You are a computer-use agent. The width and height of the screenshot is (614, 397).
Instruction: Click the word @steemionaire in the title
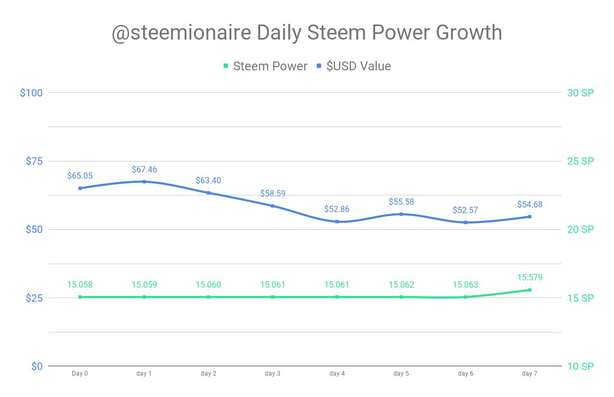[x=181, y=33]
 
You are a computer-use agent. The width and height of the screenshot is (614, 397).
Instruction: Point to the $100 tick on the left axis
[x=31, y=93]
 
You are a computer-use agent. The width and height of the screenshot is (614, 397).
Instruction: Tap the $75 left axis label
[x=34, y=161]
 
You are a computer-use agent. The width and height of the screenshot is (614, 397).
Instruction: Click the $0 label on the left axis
[x=36, y=366]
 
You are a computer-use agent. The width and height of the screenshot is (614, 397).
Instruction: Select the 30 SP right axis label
[x=580, y=93]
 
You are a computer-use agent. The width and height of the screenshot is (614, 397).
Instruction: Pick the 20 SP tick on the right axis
[x=580, y=229]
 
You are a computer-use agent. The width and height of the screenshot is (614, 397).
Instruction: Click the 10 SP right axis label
[x=580, y=366]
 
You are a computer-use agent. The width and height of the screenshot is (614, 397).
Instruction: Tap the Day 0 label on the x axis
[x=80, y=374]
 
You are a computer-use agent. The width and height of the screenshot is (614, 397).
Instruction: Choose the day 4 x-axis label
[x=337, y=374]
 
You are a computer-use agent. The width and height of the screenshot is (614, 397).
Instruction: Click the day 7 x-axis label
[x=530, y=374]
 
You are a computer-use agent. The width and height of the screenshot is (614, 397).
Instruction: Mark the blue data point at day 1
[x=144, y=181]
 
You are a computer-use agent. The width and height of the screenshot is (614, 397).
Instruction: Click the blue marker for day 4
[x=337, y=221]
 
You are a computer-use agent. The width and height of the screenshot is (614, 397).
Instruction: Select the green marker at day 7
[x=530, y=290]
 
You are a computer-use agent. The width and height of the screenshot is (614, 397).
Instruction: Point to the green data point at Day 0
[x=80, y=297]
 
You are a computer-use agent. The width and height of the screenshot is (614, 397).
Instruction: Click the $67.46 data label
[x=144, y=169]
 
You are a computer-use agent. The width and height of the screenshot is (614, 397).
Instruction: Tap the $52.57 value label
[x=465, y=210]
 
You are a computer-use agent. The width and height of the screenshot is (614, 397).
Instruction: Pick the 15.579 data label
[x=530, y=278]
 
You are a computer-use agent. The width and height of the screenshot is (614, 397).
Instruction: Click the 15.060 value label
[x=208, y=284]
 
